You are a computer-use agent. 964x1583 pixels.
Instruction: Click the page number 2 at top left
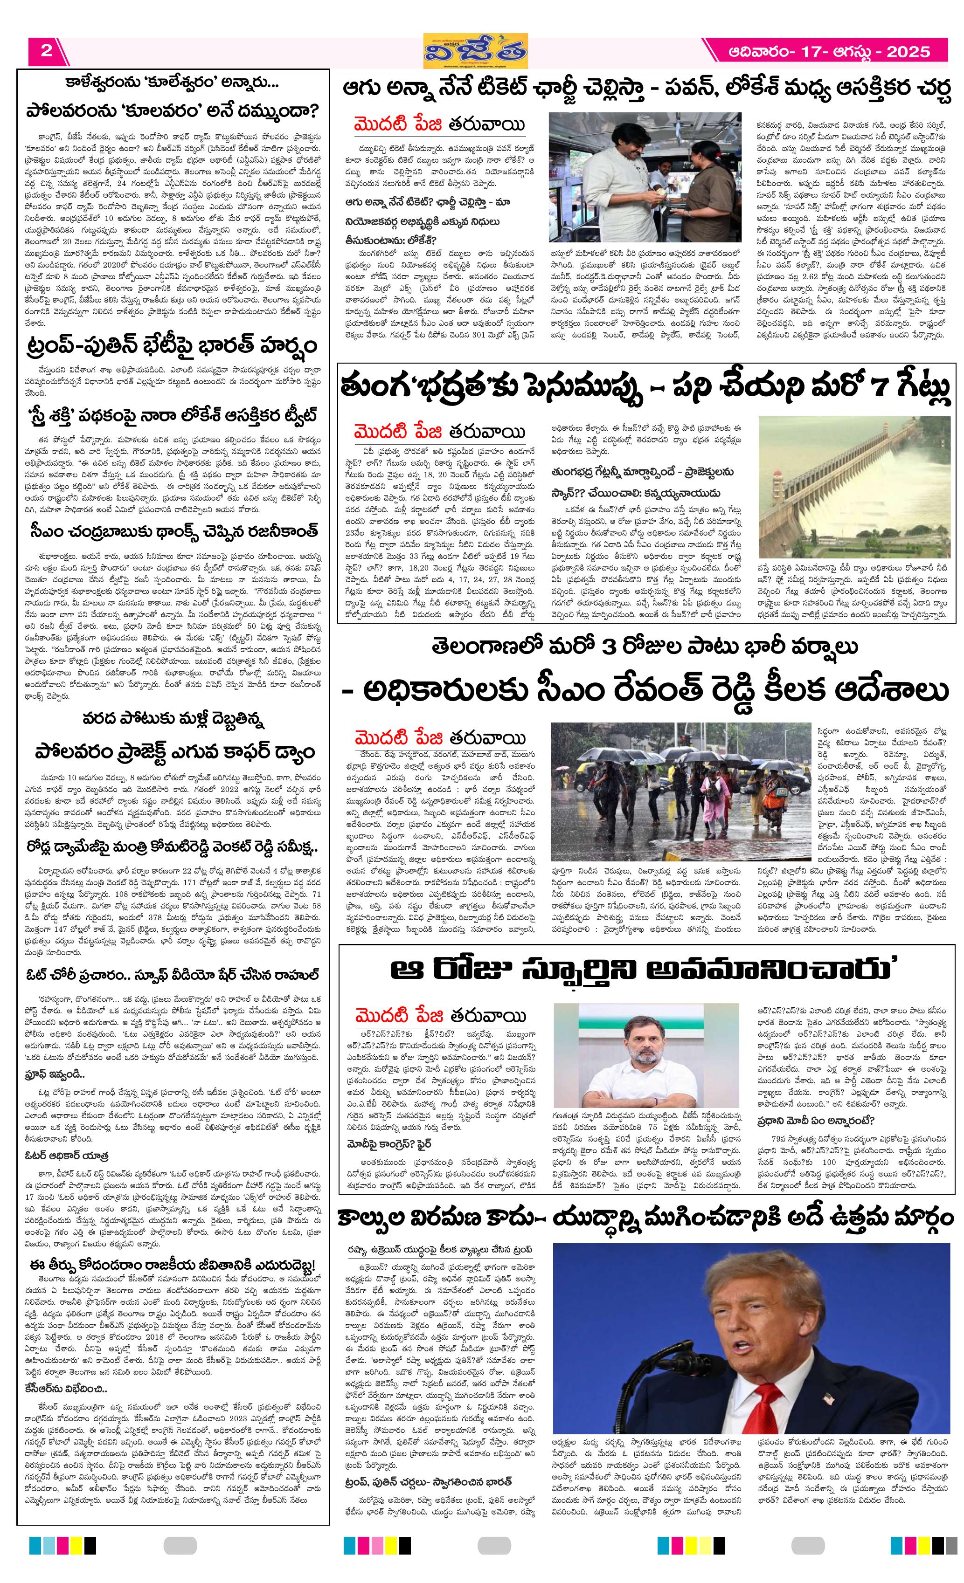[46, 51]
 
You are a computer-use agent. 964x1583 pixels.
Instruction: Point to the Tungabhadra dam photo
[853, 487]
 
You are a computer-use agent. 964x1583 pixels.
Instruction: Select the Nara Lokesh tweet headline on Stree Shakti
[173, 416]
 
